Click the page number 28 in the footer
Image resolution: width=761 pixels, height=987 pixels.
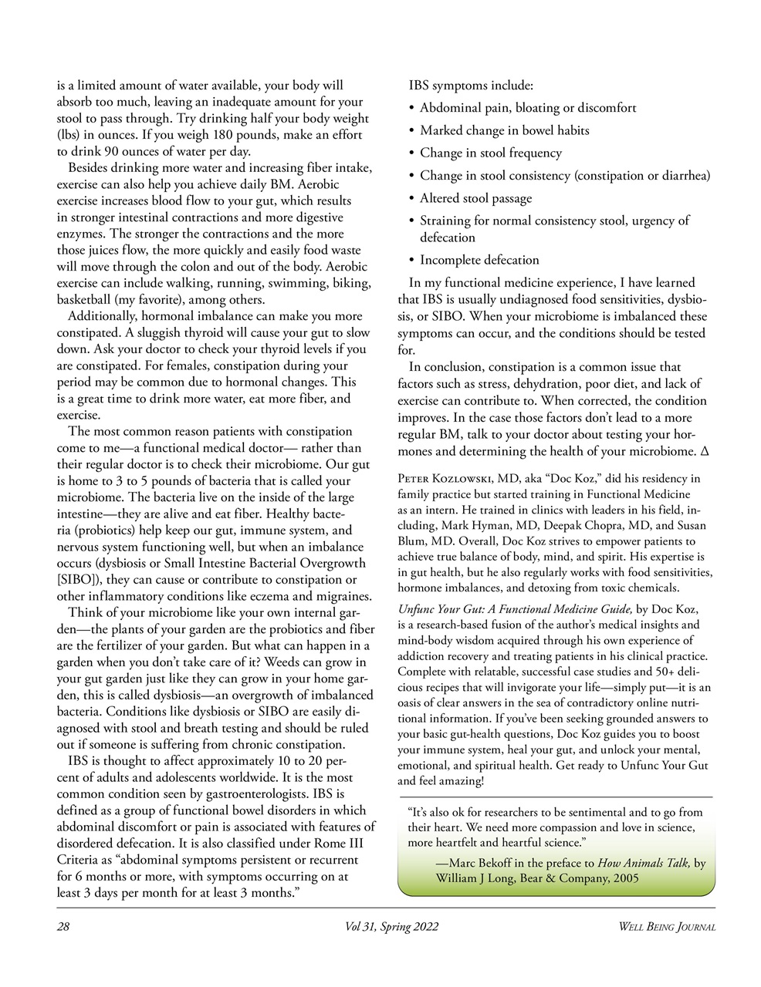coord(63,927)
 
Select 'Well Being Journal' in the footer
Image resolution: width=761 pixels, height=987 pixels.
coord(668,927)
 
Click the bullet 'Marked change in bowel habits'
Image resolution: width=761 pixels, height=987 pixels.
coord(504,130)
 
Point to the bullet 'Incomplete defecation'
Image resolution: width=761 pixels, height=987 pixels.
coord(479,260)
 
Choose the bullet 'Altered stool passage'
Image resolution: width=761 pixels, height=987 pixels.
coord(475,198)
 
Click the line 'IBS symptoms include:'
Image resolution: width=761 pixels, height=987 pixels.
coord(471,86)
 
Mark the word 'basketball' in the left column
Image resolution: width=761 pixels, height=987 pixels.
coord(85,300)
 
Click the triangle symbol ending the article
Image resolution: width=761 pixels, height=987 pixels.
coord(702,451)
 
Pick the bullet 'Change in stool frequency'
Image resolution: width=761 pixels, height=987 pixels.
coord(491,153)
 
